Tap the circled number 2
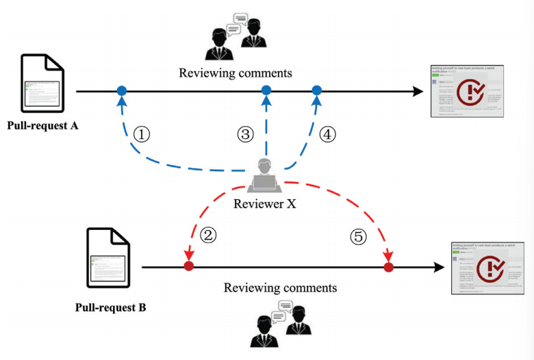(209, 235)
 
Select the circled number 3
(246, 135)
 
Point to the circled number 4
(328, 135)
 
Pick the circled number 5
(358, 236)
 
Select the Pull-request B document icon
(108, 259)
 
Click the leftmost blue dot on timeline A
(121, 90)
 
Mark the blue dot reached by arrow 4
(317, 90)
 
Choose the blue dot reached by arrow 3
(267, 90)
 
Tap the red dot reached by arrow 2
(188, 266)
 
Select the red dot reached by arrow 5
(389, 266)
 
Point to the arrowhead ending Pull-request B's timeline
(437, 266)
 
